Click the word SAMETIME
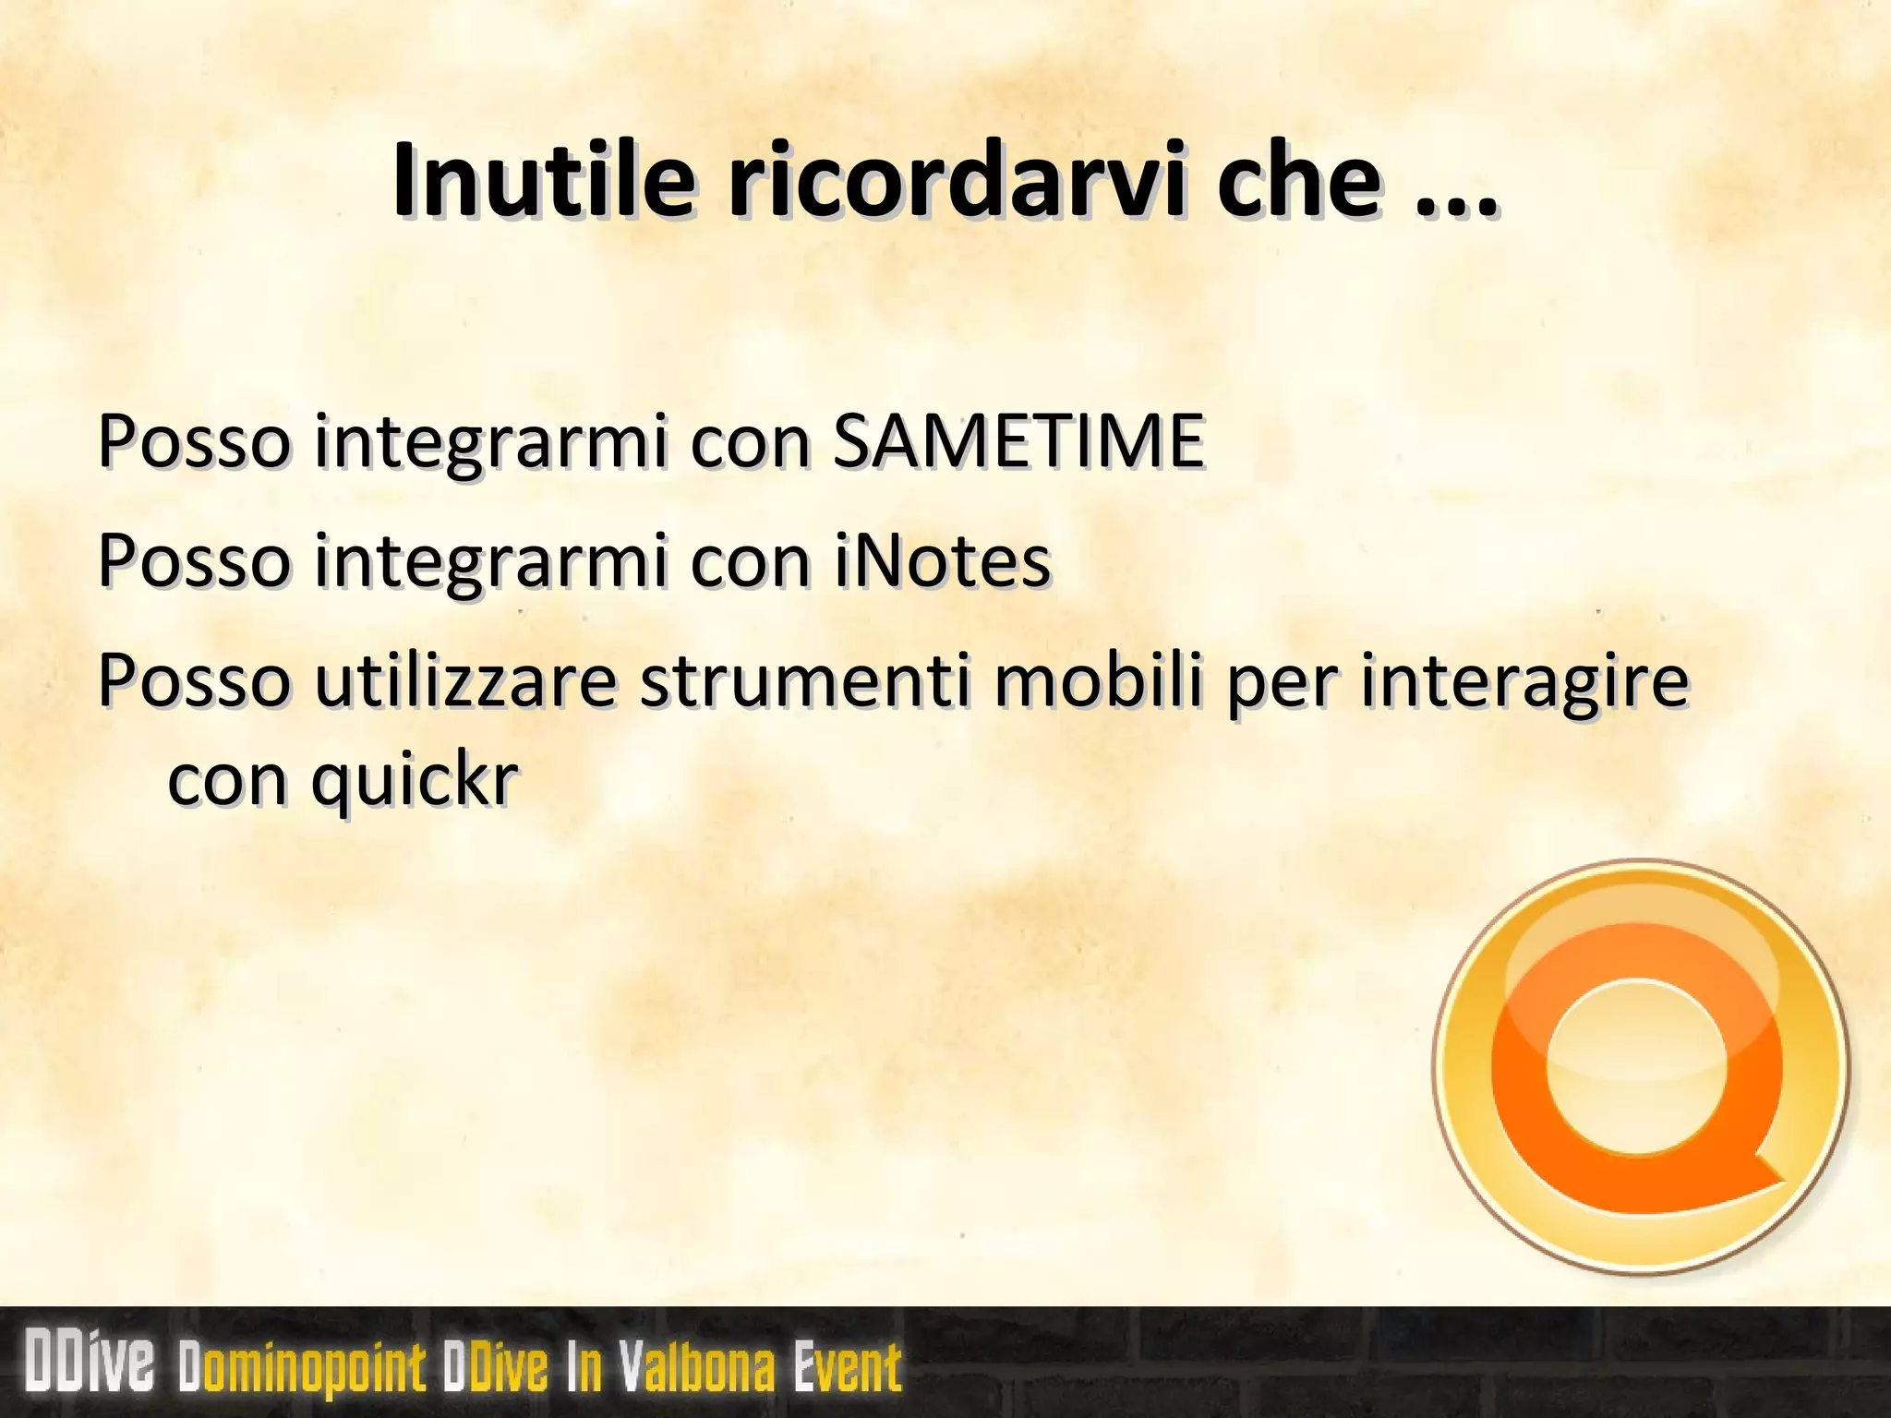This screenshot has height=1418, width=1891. point(1018,440)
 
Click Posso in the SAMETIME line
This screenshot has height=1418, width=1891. point(193,440)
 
